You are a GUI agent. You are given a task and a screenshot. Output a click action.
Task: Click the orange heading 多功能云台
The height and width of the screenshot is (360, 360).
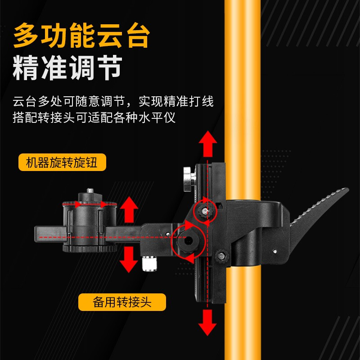pyautogui.click(x=81, y=36)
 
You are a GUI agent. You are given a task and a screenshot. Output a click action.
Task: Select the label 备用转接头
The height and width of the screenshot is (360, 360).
pyautogui.click(x=122, y=302)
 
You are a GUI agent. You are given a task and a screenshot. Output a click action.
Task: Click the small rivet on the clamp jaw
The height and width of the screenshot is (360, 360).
pyautogui.click(x=274, y=251)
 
